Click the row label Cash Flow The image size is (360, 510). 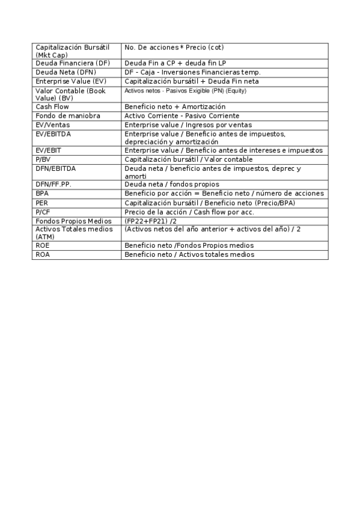pyautogui.click(x=52, y=106)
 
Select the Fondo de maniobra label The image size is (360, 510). pyautogui.click(x=68, y=115)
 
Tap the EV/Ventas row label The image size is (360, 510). pyautogui.click(x=52, y=124)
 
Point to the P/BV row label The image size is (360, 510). pyautogui.click(x=43, y=159)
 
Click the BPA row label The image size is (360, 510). pyautogui.click(x=43, y=194)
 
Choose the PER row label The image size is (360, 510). pyautogui.click(x=42, y=203)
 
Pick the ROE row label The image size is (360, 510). pyautogui.click(x=43, y=245)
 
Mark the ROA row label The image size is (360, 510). pyautogui.click(x=43, y=254)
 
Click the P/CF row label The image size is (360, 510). pyautogui.click(x=43, y=212)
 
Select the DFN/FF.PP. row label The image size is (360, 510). pyautogui.click(x=53, y=184)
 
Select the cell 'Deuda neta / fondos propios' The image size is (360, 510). pyautogui.click(x=172, y=184)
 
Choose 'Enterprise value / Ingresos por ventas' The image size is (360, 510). pyautogui.click(x=188, y=124)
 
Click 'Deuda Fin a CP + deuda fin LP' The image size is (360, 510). pyautogui.click(x=175, y=63)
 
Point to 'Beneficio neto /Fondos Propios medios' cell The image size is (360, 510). pyautogui.click(x=189, y=245)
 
